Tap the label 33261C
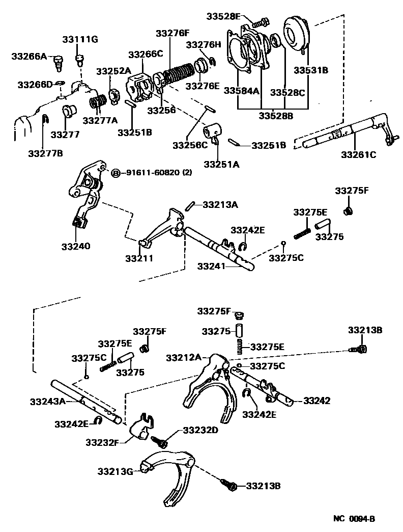(x=358, y=155)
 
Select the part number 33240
(x=76, y=246)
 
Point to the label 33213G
(x=116, y=472)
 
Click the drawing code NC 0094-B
(x=354, y=519)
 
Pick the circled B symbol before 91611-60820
(x=115, y=173)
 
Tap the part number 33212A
(x=184, y=358)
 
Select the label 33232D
(x=200, y=430)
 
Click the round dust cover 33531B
(x=296, y=36)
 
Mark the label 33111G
(x=81, y=39)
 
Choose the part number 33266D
(x=35, y=84)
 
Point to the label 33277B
(x=45, y=153)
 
